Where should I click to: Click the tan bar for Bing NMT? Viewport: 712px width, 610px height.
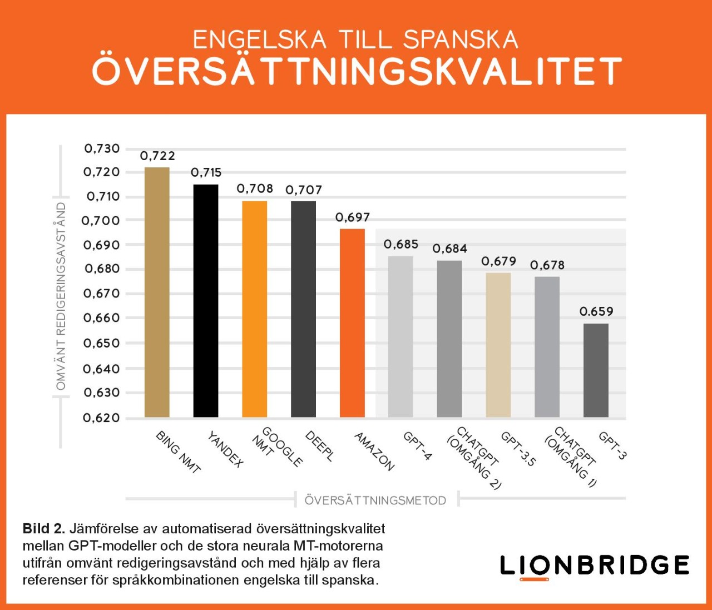157,292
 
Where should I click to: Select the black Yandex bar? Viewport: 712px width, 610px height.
206,300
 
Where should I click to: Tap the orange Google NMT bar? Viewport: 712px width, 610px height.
254,309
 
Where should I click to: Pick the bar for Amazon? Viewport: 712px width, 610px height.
352,323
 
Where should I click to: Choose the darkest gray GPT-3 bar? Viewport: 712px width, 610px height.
596,370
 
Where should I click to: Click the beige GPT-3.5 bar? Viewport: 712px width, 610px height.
498,345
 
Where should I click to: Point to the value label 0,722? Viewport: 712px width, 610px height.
157,156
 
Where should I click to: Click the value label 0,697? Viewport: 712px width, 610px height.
352,217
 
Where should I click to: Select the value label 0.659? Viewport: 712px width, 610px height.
596,311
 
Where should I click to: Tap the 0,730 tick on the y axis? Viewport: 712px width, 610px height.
102,148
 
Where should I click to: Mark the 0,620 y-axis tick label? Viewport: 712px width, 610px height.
101,418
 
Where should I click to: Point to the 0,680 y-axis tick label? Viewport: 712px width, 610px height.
101,269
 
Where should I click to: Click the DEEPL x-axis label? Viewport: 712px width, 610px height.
320,446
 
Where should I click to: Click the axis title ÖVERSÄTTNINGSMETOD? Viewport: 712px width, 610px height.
375,500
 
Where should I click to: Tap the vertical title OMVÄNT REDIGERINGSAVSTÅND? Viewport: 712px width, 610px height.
61,296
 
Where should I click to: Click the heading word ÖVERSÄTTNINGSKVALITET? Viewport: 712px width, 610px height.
356,71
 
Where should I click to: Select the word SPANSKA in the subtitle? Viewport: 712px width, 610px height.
461,39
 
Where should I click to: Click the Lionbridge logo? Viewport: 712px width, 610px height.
594,566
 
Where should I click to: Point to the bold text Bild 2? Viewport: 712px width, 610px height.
43,528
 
